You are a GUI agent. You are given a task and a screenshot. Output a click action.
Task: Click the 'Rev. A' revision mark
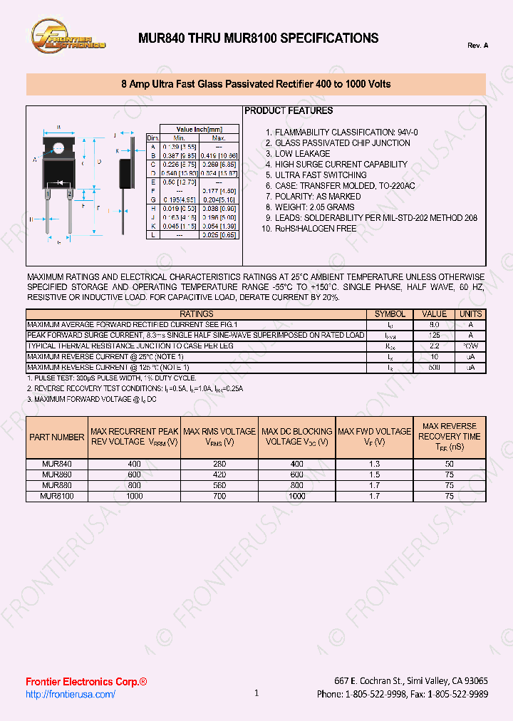tap(477, 46)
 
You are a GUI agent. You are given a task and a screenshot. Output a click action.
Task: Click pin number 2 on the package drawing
tap(69, 193)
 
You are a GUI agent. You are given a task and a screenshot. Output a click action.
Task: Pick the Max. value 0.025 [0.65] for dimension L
tap(219, 234)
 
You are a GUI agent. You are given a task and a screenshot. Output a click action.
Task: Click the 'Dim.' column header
tap(152, 138)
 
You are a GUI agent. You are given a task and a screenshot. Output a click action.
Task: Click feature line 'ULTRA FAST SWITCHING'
tap(321, 175)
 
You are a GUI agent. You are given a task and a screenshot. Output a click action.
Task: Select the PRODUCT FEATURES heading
tap(289, 111)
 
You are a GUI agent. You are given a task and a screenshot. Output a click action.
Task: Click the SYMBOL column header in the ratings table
tap(390, 314)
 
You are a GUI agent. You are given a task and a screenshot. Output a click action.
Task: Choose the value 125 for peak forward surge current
tap(435, 335)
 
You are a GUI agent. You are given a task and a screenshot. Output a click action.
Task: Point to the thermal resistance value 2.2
tap(435, 346)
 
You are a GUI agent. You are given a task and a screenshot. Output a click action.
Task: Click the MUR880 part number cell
tap(57, 484)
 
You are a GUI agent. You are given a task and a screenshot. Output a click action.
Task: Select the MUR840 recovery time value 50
tap(449, 464)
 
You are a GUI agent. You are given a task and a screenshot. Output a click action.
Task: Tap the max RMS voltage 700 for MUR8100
tap(219, 496)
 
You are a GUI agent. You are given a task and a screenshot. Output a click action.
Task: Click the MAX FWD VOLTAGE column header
tap(374, 437)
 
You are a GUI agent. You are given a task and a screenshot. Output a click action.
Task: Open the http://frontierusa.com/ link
tap(71, 695)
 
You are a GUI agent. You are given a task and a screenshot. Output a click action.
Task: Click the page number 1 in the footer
tap(256, 693)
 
